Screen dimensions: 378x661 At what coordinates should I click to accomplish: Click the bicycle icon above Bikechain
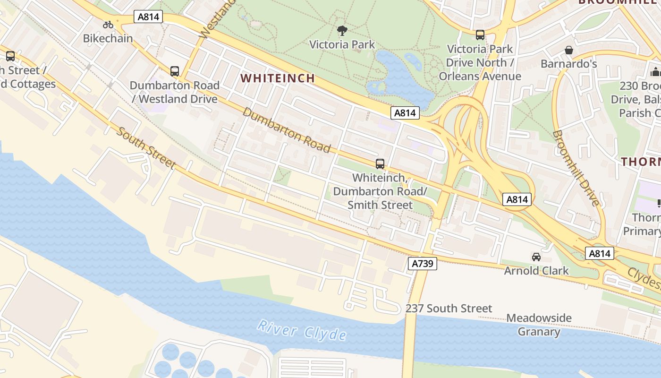click(108, 25)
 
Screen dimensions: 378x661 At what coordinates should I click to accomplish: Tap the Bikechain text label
click(108, 39)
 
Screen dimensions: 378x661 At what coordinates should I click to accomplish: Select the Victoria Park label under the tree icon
click(342, 45)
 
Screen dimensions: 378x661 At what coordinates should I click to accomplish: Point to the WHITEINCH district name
click(278, 78)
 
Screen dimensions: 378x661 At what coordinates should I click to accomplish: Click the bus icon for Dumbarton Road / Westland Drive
click(175, 71)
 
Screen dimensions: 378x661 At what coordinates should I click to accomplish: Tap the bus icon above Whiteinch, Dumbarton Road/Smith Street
click(380, 164)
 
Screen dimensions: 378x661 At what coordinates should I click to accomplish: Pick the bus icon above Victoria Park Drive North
click(480, 35)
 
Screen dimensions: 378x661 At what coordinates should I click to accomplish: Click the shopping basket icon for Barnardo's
click(569, 50)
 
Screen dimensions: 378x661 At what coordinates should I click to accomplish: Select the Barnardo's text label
click(569, 64)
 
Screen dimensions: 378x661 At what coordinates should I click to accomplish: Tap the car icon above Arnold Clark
click(536, 257)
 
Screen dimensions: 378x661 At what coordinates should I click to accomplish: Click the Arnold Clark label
click(536, 271)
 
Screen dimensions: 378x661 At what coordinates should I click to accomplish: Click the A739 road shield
click(423, 263)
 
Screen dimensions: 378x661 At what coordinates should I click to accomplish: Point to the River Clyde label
click(302, 330)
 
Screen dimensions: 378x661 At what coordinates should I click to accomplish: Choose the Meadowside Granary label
click(539, 325)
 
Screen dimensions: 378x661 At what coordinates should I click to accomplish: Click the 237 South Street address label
click(449, 309)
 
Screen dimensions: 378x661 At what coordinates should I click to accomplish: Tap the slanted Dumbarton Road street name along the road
click(287, 130)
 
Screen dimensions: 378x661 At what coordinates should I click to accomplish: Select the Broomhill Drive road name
click(576, 168)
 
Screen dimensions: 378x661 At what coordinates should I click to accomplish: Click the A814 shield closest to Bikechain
click(149, 17)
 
